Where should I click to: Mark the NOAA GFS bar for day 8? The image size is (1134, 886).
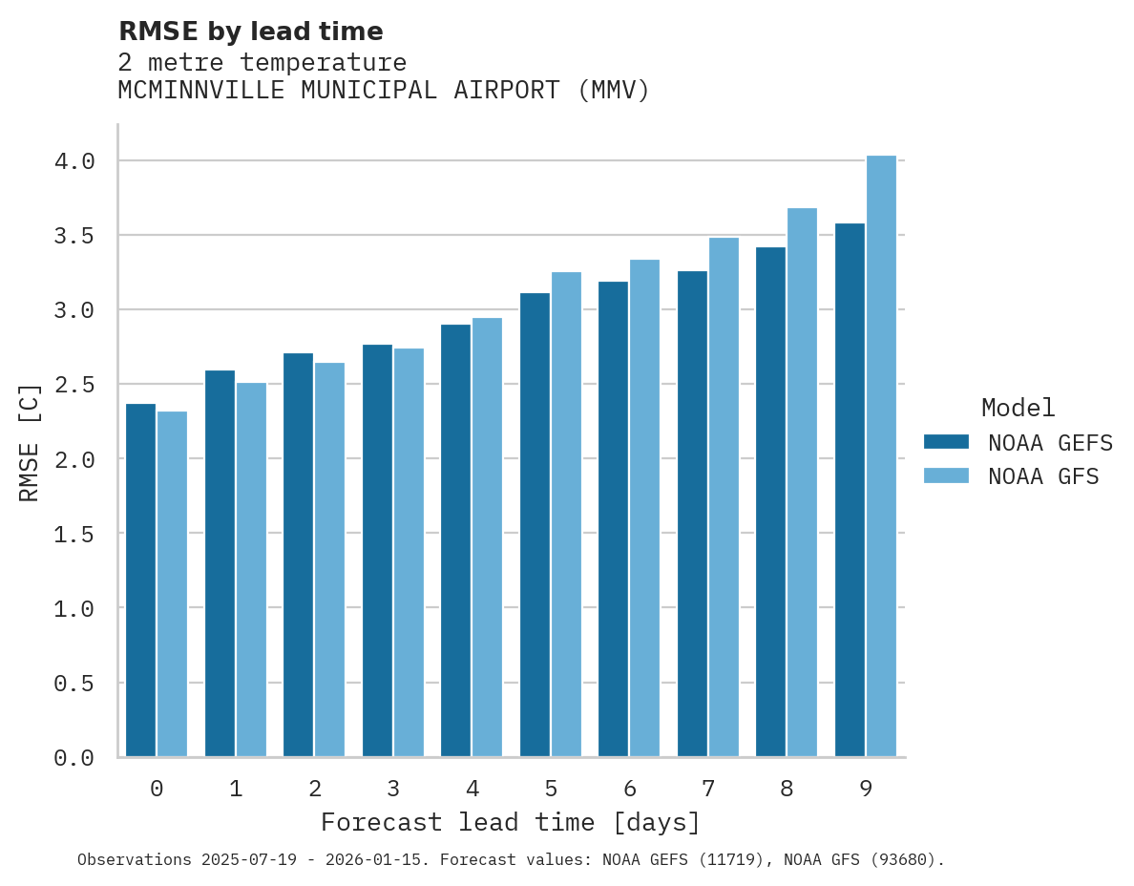(802, 482)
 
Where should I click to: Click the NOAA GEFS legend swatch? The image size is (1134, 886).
(946, 442)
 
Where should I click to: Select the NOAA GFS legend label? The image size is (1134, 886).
(1043, 476)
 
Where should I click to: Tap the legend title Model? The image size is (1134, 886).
(1018, 409)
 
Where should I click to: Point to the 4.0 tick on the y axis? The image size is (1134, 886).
(74, 161)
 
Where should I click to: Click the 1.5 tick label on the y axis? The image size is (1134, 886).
(74, 534)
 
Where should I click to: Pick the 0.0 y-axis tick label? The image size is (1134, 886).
(74, 758)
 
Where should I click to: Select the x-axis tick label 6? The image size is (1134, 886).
(629, 789)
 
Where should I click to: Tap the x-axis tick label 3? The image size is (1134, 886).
(392, 789)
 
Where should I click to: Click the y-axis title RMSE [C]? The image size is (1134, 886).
(30, 442)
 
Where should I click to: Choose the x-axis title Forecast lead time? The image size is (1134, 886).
(511, 822)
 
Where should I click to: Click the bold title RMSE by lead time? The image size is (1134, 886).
(251, 32)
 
